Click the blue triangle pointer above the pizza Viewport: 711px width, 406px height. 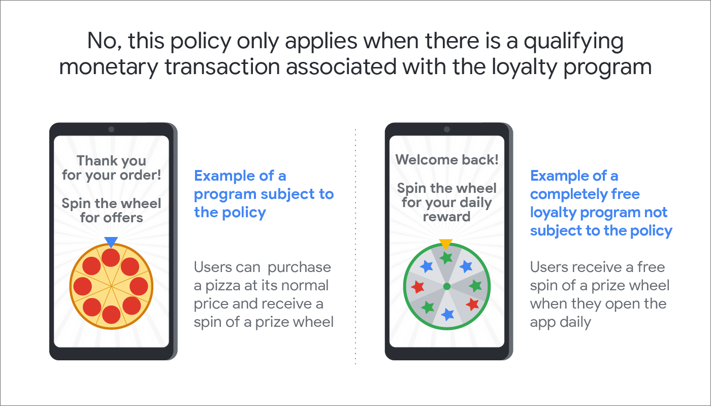(111, 242)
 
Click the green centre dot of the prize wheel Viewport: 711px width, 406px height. (447, 286)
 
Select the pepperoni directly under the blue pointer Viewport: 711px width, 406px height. (111, 258)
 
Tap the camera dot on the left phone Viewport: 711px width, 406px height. (111, 129)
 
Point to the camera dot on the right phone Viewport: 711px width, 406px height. (447, 129)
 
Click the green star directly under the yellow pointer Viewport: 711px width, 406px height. (446, 258)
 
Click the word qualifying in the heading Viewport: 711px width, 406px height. (573, 42)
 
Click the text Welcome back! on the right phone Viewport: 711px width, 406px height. (446, 159)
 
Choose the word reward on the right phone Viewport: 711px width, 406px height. (446, 217)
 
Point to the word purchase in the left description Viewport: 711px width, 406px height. (299, 268)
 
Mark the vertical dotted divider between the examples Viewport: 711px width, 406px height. (355, 247)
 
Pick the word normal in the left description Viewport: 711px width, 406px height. (305, 285)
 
